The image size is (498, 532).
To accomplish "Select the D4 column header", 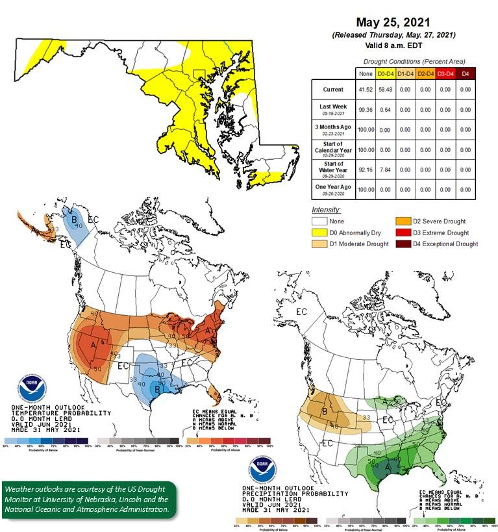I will pyautogui.click(x=465, y=74).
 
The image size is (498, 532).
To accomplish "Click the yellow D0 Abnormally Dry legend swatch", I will pyautogui.click(x=319, y=233).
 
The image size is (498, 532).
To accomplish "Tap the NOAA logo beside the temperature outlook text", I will pyautogui.click(x=32, y=388).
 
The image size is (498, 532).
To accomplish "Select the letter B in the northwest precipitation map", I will pyautogui.click(x=327, y=411).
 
